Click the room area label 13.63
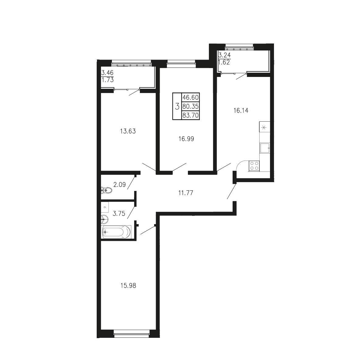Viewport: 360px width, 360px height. [128, 131]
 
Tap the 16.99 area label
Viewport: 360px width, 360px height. [186, 139]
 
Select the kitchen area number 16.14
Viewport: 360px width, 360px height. [241, 111]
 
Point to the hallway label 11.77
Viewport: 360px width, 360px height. [186, 193]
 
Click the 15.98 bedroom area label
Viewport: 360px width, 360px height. [128, 286]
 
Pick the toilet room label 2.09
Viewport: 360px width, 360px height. [119, 184]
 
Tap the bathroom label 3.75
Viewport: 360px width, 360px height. [119, 213]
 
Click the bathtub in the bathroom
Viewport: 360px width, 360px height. [116, 232]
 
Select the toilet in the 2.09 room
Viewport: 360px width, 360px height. [106, 190]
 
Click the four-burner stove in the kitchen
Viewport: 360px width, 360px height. [254, 166]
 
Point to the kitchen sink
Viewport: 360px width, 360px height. [265, 148]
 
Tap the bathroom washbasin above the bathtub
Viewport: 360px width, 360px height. [105, 219]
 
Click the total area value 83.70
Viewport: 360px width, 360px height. [190, 115]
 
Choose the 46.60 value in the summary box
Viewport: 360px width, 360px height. [190, 97]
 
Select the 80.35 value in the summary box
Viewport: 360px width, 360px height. [190, 106]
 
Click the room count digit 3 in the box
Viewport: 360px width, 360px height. [177, 106]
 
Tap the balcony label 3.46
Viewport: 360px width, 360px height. [107, 73]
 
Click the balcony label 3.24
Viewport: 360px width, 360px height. [224, 55]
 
